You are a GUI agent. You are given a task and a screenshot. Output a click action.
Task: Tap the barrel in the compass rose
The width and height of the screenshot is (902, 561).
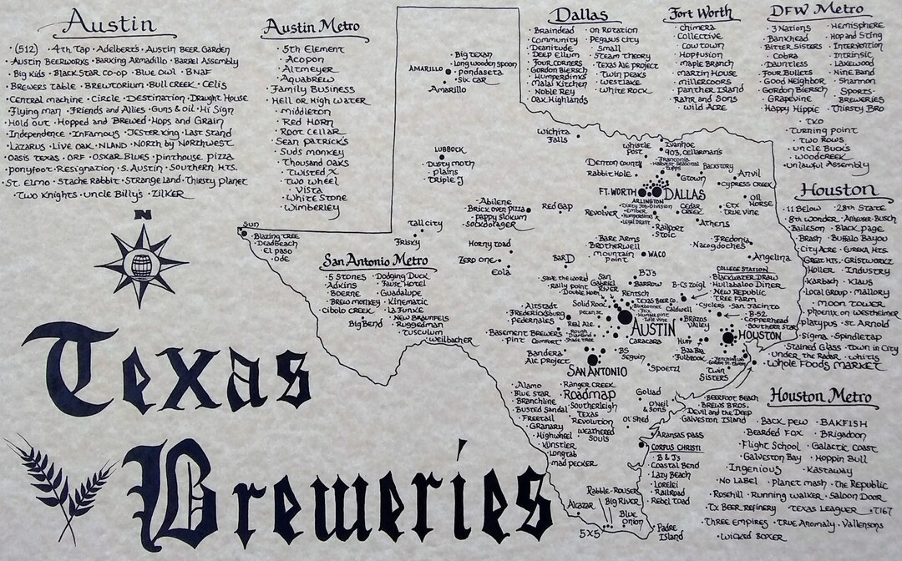pos(142,264)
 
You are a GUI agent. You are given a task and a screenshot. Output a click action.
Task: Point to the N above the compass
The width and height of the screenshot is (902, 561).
pos(143,216)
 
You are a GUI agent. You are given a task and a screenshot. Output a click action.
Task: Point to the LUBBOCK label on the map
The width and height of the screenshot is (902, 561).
pos(448,150)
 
